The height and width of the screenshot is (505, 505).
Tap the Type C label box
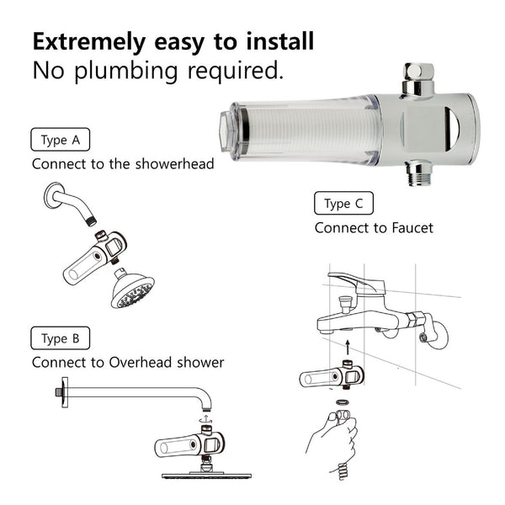tap(343, 204)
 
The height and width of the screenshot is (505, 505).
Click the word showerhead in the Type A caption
tap(172, 163)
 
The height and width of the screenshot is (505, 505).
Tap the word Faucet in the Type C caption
tap(408, 228)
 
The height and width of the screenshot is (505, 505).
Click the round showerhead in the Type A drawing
tap(132, 290)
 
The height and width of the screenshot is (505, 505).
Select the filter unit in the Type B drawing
tap(189, 444)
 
